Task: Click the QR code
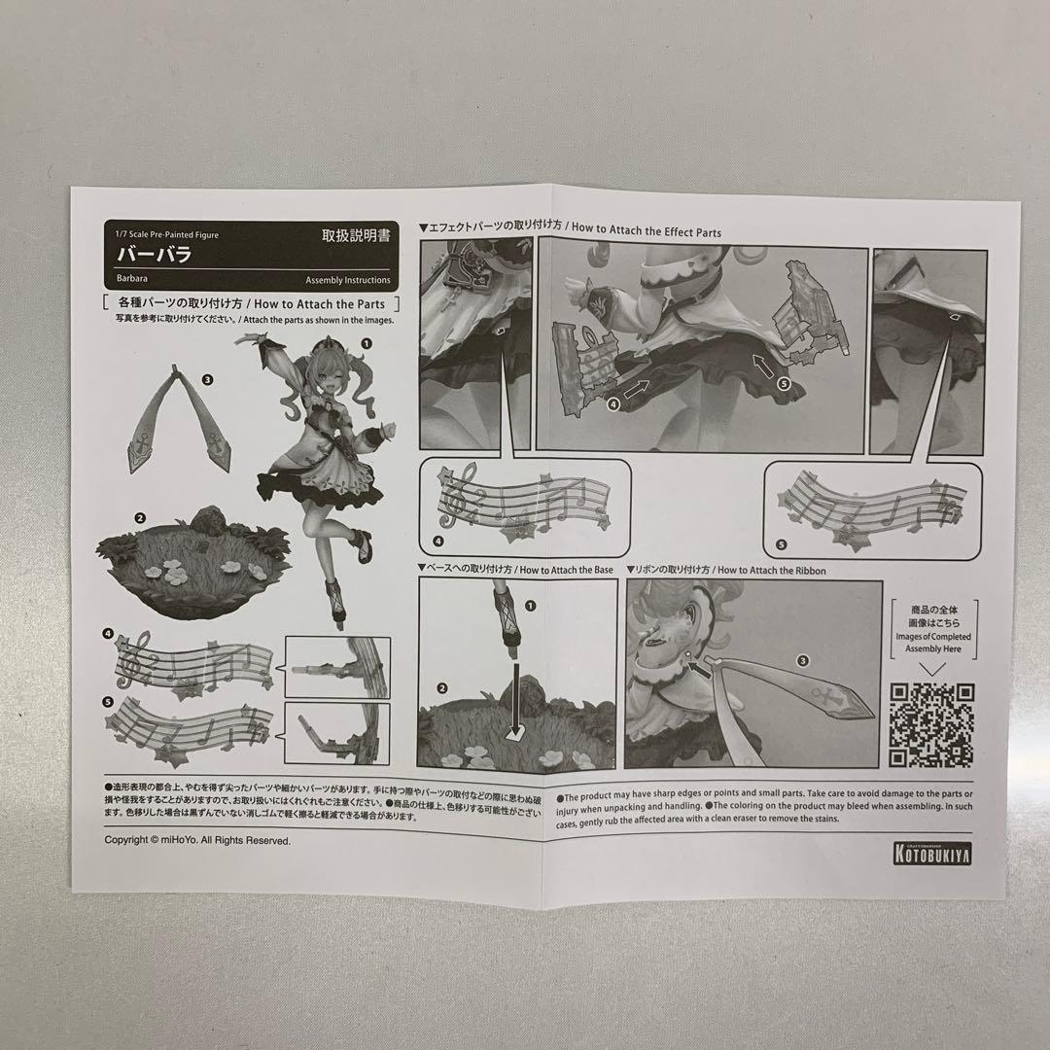931,724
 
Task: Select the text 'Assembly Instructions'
348,280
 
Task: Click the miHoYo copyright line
197,840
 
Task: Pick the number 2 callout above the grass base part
140,518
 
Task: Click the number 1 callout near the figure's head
367,343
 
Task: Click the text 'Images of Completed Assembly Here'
931,643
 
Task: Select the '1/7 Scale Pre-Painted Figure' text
167,235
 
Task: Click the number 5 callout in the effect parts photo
785,385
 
